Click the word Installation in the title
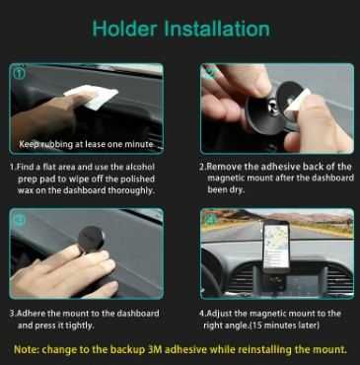coord(217,29)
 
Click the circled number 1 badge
coord(20,72)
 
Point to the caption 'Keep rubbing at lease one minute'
coord(86,144)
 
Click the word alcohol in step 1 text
coord(140,167)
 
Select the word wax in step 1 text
coord(25,190)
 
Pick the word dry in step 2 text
coord(237,190)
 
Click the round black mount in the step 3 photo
coord(92,239)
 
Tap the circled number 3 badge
coord(19,218)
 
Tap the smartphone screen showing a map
coord(276,245)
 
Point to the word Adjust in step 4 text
coord(219,314)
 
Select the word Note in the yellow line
coord(26,349)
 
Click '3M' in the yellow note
coord(155,349)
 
